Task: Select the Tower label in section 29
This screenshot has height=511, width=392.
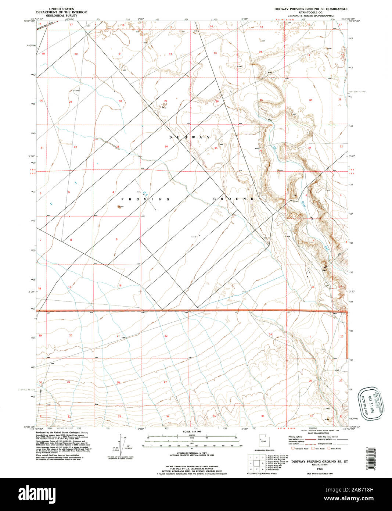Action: pos(77,91)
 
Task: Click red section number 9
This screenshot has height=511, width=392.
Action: pos(117,239)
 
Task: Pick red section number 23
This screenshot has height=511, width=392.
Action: pos(215,54)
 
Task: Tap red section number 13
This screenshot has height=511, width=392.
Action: pos(262,27)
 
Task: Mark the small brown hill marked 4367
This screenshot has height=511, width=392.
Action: pos(119,207)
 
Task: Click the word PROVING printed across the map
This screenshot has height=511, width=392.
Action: pos(145,199)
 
